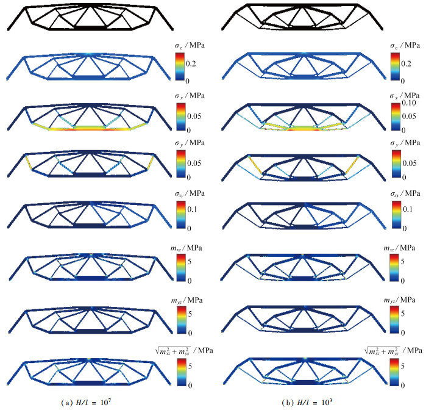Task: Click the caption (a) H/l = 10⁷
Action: pos(87,402)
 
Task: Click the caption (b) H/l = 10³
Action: pos(307,402)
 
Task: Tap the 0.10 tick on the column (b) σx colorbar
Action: pos(409,103)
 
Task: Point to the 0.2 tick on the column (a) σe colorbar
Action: pos(191,63)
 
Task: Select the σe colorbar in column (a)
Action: pos(180,67)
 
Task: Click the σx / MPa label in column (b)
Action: pos(405,96)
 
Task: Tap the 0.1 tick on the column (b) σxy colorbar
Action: pos(408,209)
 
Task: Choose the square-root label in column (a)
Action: pos(183,351)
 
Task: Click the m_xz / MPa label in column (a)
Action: pos(186,248)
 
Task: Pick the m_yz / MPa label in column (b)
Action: pos(399,300)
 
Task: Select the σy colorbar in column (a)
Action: pos(181,164)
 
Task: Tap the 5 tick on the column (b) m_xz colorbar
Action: pos(403,262)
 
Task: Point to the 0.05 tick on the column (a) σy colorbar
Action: pos(194,164)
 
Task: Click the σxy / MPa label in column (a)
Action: pos(190,193)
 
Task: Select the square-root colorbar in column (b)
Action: pos(395,372)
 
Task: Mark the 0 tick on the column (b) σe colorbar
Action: pos(403,81)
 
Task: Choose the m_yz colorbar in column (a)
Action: pos(182,320)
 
